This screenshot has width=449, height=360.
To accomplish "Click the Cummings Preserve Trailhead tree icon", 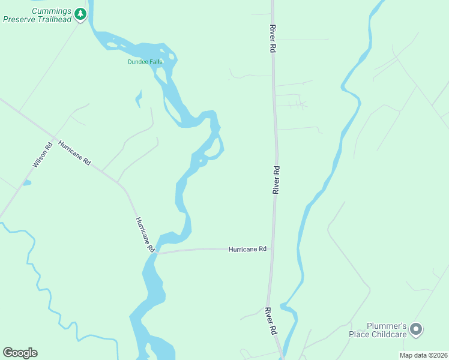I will click(x=80, y=13).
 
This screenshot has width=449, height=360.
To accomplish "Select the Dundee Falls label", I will click(x=145, y=62).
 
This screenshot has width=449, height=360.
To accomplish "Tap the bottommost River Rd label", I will click(x=272, y=321).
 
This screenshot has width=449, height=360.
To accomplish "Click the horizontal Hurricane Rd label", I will click(x=247, y=249).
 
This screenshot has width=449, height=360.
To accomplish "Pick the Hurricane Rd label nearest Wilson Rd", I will click(x=74, y=152).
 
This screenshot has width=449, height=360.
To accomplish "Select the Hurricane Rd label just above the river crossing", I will click(x=145, y=233).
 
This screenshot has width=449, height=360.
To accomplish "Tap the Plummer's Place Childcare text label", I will click(x=378, y=330).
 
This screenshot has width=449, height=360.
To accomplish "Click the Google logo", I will click(x=20, y=353).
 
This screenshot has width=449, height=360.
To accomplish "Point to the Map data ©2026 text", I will click(x=423, y=355).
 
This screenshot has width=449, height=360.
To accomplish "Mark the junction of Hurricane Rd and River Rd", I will click(x=272, y=248).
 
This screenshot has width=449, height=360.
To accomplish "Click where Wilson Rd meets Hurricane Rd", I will click(x=55, y=139).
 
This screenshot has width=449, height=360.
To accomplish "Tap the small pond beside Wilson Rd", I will click(x=26, y=182).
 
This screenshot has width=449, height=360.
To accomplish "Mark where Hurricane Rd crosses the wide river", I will click(x=155, y=253).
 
